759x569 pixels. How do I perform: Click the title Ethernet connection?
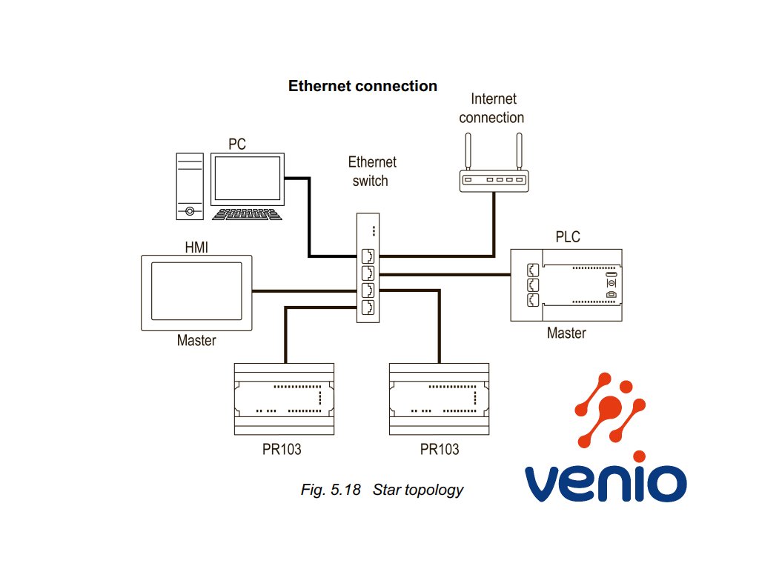tap(362, 86)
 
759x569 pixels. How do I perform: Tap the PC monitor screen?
tap(248, 179)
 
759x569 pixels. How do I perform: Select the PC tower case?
tap(190, 186)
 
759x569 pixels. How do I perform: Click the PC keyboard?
tap(247, 214)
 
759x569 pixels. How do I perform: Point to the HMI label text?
tap(196, 247)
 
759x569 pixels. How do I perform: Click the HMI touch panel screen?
tap(196, 291)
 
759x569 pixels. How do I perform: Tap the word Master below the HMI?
tap(196, 340)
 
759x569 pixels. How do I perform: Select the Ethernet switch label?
tap(372, 171)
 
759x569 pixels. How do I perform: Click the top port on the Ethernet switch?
tap(368, 256)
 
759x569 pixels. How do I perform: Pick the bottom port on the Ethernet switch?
tap(368, 307)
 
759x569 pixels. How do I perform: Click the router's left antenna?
tap(468, 151)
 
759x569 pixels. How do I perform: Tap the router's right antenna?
tap(520, 151)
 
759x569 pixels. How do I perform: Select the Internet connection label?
tap(492, 108)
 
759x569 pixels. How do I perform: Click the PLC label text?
tap(568, 236)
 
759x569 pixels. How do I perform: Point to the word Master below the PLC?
tap(566, 333)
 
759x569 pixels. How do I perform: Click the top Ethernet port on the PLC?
tap(533, 270)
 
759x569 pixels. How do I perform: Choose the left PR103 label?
tap(282, 450)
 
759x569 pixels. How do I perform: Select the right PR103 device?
tap(439, 399)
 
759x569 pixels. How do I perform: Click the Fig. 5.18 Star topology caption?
tap(382, 490)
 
